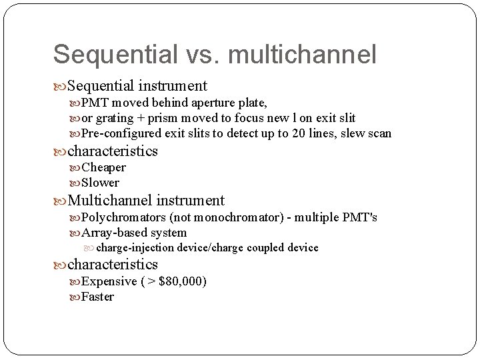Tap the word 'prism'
coord(160,118)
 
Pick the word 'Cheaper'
coord(103,167)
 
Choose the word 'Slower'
coord(100,183)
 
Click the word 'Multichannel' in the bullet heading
coord(111,200)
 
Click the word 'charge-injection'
coord(135,248)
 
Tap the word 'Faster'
coord(97,297)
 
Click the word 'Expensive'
coord(109,281)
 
